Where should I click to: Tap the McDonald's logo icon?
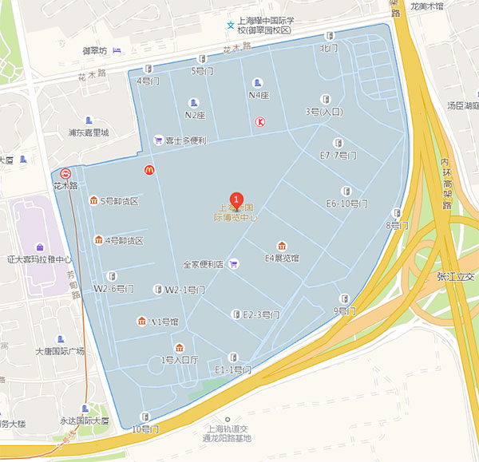point(148,169)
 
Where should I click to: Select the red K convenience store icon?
point(260,122)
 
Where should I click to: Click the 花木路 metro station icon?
point(65,173)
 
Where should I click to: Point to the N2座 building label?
point(196,114)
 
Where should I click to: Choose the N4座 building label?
point(259,95)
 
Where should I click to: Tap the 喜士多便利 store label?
point(186,140)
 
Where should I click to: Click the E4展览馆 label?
point(282,258)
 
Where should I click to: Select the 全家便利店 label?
point(204,264)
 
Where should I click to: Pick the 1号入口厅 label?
point(180,360)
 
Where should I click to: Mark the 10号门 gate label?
point(145,428)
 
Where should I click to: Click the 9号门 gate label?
point(342,310)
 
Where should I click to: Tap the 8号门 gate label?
point(398,225)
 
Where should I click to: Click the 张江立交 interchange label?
point(455,276)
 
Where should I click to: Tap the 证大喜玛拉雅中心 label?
point(40,259)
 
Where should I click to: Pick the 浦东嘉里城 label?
point(88,132)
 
